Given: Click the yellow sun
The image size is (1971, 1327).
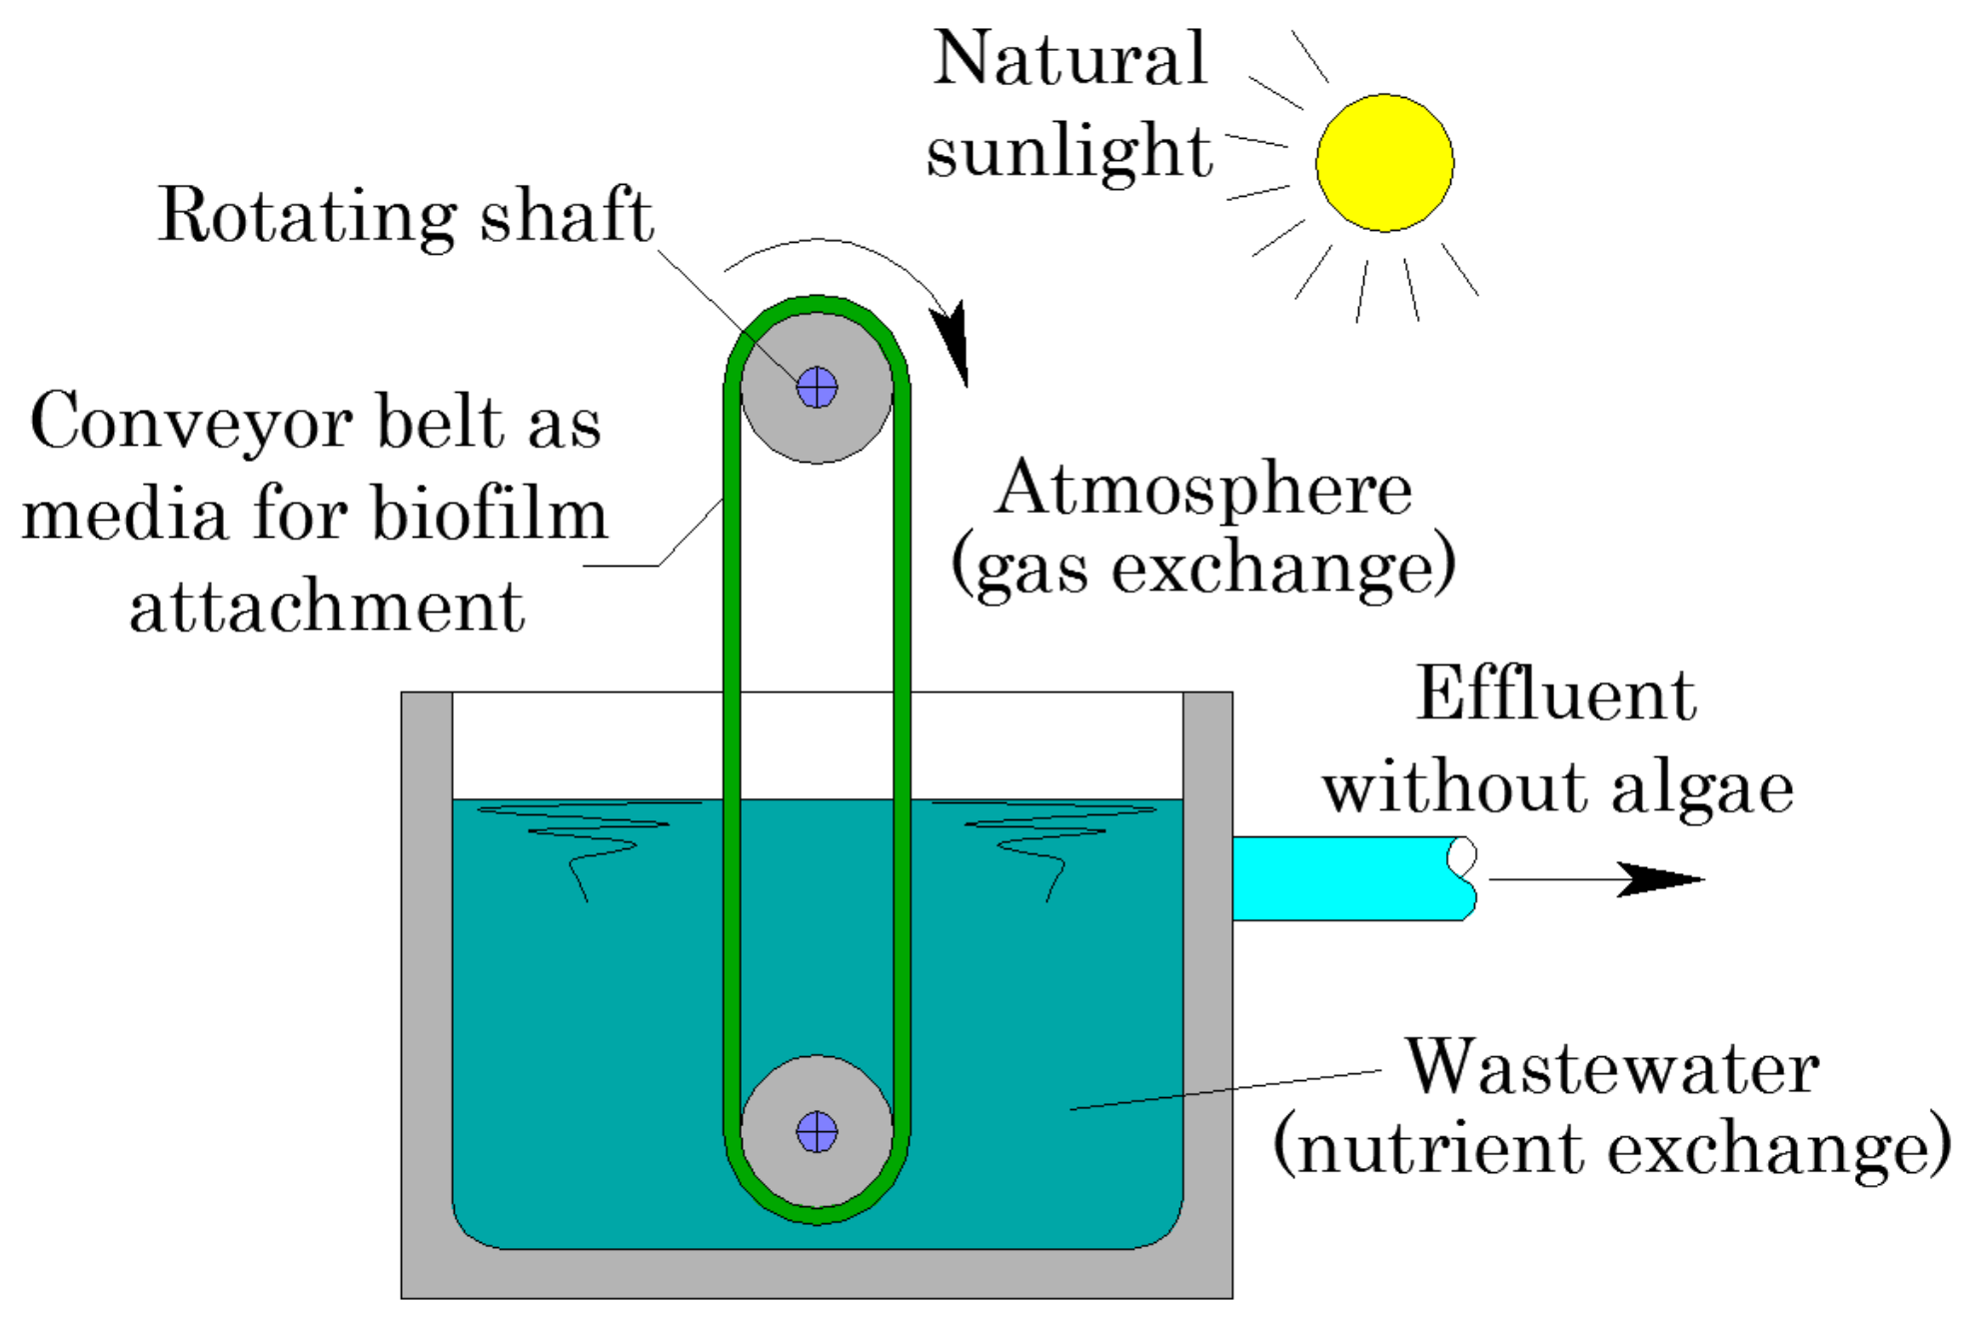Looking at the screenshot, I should tap(1384, 163).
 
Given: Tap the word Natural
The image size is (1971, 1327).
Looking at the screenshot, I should tap(1070, 59).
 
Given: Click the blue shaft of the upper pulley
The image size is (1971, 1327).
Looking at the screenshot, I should tap(817, 388).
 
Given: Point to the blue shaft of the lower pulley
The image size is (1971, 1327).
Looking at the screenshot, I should tap(817, 1132).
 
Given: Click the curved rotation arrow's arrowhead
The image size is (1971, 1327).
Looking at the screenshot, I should tap(954, 340).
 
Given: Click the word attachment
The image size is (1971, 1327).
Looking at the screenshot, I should tap(327, 608).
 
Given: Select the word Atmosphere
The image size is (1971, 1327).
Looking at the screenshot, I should tap(1203, 490).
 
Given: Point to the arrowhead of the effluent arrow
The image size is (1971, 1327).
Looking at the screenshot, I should tap(1659, 879).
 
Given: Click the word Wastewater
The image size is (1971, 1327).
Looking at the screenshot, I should tap(1612, 1068).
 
